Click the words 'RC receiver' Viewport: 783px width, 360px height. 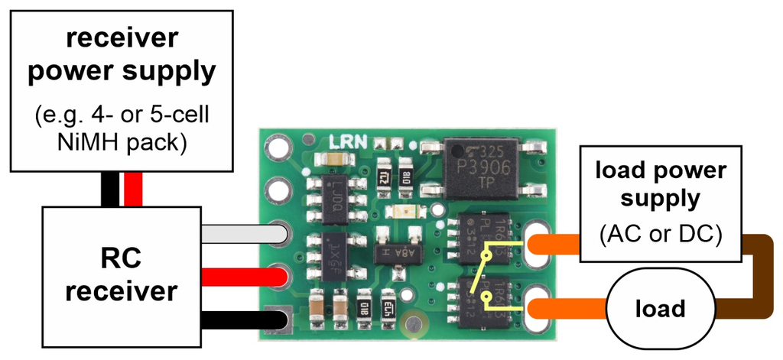click(x=122, y=275)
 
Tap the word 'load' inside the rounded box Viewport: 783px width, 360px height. click(x=659, y=309)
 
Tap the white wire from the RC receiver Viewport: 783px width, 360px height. click(x=237, y=232)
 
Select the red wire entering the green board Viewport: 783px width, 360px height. click(x=237, y=275)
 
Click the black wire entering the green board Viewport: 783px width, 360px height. click(x=237, y=318)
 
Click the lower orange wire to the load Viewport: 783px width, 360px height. click(x=566, y=310)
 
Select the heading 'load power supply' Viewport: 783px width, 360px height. click(x=661, y=184)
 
